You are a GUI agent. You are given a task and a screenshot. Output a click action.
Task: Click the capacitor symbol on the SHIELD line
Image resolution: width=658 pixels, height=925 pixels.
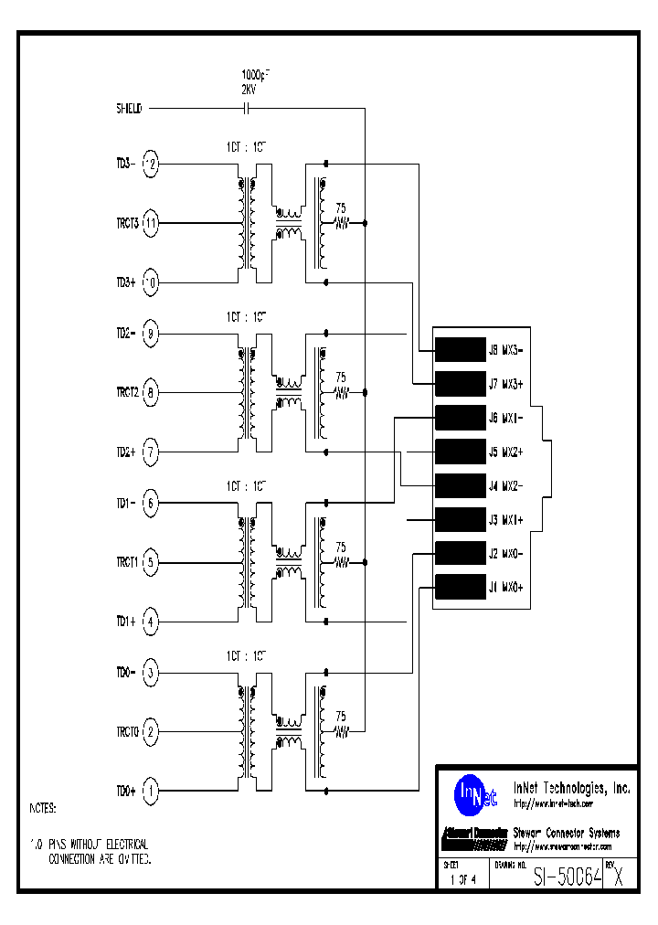click(246, 108)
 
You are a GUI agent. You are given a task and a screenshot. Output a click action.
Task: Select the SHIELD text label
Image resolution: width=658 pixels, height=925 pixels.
click(129, 108)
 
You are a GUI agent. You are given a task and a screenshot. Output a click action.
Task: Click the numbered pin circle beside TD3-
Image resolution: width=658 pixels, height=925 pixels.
click(152, 165)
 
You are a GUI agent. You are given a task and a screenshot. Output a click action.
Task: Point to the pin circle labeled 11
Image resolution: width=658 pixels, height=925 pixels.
click(152, 223)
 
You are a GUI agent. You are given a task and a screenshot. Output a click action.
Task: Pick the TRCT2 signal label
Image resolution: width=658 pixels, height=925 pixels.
click(126, 393)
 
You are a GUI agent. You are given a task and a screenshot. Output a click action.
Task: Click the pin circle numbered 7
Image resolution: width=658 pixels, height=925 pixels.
click(152, 452)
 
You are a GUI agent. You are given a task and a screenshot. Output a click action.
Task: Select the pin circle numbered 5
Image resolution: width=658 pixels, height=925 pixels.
click(152, 563)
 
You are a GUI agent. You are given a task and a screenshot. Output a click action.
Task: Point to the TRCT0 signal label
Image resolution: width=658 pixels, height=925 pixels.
click(126, 732)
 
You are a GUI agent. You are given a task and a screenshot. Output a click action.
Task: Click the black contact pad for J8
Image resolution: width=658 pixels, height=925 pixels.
click(460, 349)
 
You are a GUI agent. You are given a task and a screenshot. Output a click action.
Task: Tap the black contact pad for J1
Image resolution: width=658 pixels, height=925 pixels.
click(460, 587)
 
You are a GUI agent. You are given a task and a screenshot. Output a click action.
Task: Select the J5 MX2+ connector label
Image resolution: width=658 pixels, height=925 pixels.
click(505, 452)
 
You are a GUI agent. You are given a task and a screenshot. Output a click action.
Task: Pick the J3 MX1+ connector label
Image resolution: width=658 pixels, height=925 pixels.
click(505, 519)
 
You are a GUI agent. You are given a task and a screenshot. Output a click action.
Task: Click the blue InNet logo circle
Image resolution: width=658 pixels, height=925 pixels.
click(476, 792)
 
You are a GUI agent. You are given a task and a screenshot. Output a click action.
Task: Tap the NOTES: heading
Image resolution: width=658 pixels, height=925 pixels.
click(43, 809)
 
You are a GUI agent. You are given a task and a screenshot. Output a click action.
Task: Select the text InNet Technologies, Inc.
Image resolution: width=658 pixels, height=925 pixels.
click(571, 787)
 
